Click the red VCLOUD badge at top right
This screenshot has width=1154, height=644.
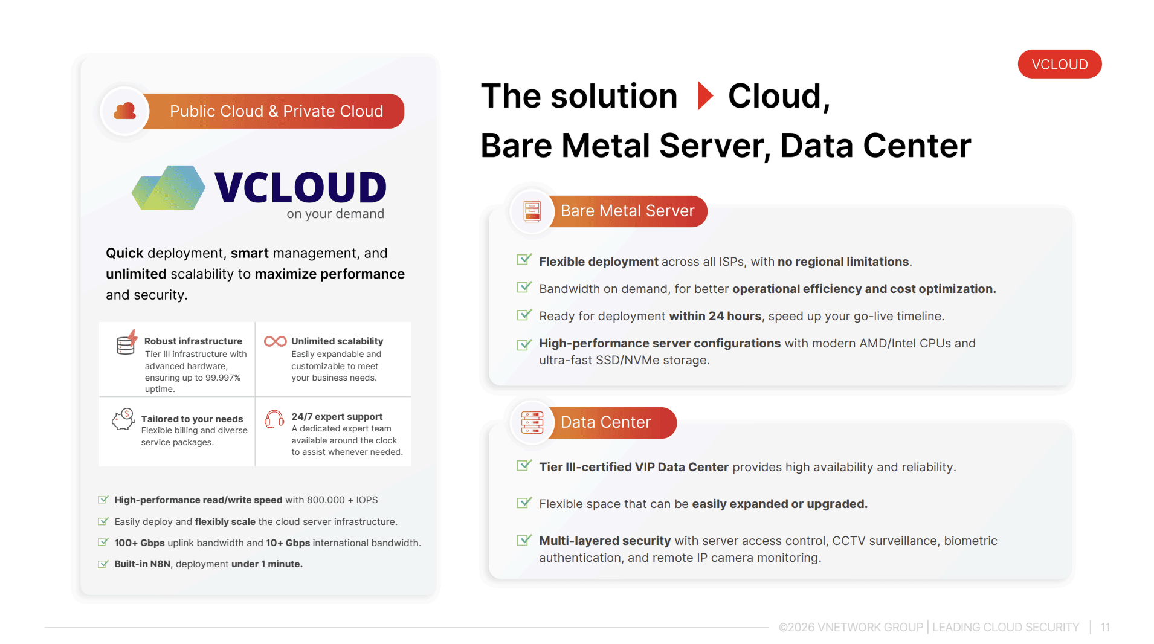coord(1059,64)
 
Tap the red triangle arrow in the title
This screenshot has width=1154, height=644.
coord(705,95)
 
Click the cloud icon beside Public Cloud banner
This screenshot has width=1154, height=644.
coord(125,111)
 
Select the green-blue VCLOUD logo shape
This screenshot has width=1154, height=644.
coord(169,188)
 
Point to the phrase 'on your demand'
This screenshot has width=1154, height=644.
coord(335,214)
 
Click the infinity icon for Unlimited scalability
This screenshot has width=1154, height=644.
coord(276,341)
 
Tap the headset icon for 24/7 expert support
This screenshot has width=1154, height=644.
coord(274,419)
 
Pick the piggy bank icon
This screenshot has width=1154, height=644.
coord(123,419)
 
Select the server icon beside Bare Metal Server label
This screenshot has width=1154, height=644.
coord(532,211)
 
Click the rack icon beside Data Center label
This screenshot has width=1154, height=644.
coord(532,422)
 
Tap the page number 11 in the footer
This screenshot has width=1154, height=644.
coord(1105,627)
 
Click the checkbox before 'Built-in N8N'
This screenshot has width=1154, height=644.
coord(103,564)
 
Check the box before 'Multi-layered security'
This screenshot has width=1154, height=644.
coord(524,540)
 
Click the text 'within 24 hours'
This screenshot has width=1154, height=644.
coord(715,316)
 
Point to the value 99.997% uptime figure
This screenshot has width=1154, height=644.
coord(223,378)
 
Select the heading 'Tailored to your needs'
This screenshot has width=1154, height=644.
coord(192,419)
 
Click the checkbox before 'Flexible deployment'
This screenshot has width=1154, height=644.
coord(524,260)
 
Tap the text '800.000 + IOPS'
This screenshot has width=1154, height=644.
coord(343,500)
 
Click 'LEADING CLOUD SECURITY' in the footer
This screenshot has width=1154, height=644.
coord(1005,627)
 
